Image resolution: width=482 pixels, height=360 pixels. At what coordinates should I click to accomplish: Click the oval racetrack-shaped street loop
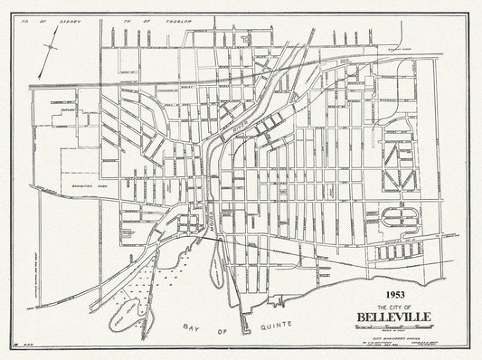click(398, 216)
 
